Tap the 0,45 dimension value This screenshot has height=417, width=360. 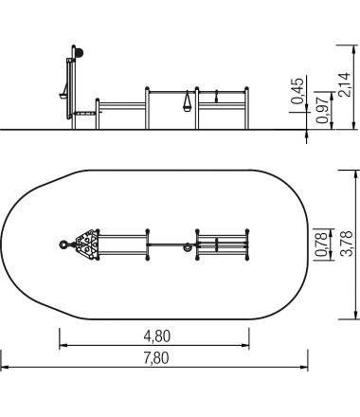pyautogui.click(x=297, y=91)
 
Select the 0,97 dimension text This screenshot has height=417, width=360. pyautogui.click(x=322, y=110)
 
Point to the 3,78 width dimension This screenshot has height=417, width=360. pyautogui.click(x=347, y=244)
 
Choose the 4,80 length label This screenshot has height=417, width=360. pyautogui.click(x=157, y=336)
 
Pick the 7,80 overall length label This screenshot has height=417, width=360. pyautogui.click(x=156, y=358)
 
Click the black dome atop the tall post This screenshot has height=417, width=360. pyautogui.click(x=80, y=53)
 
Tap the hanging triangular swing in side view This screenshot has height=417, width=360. pyautogui.click(x=187, y=101)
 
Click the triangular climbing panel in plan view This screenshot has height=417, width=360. pyautogui.click(x=87, y=245)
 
